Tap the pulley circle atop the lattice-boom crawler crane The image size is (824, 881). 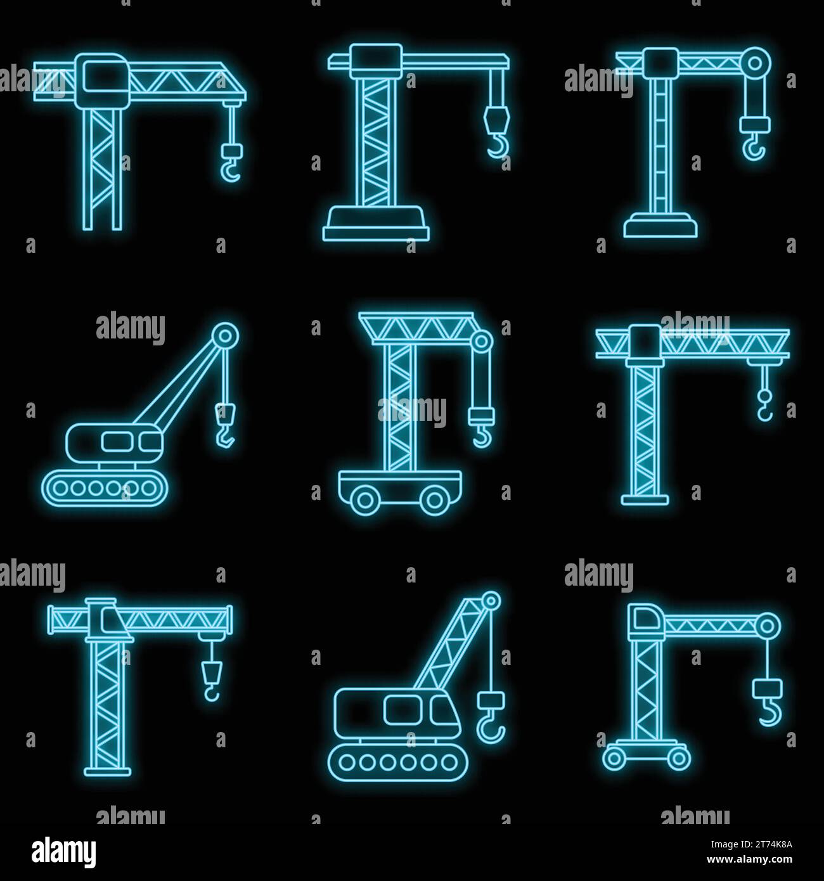pyautogui.click(x=490, y=600)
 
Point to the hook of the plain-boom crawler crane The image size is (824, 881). pyautogui.click(x=226, y=436)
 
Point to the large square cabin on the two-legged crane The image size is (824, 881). pyautogui.click(x=102, y=82)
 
